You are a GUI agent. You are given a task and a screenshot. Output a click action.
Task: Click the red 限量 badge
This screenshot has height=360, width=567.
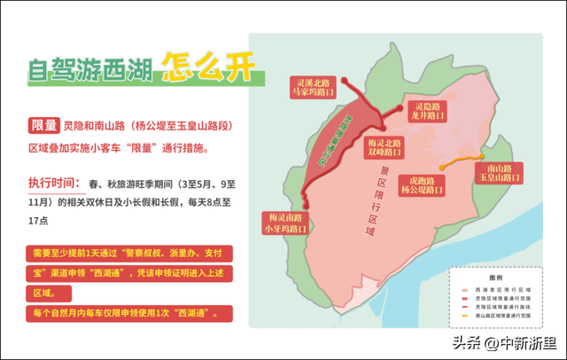coord(44,125)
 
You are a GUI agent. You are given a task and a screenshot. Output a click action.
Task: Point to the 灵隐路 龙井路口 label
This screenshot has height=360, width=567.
coord(427,110)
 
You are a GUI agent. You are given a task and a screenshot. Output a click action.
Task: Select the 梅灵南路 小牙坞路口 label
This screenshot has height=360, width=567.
coord(282,222)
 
